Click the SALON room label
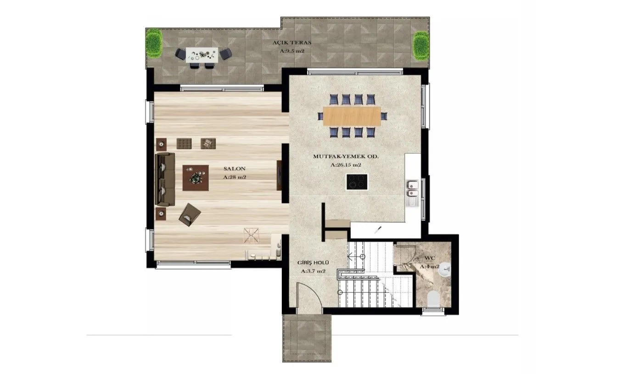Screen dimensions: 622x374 coord(235,168)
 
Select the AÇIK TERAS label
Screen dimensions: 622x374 coord(292,43)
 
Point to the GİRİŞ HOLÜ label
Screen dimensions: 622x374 coord(313,262)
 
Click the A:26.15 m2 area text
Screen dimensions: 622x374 coord(346,165)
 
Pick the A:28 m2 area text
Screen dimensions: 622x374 coord(235,177)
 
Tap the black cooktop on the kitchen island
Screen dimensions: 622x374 coord(357,182)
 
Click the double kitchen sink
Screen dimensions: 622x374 coord(413,188)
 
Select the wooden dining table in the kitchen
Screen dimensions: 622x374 coord(352,117)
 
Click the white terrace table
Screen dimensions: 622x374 coord(202,55)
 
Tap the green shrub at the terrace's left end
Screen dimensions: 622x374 coord(154,44)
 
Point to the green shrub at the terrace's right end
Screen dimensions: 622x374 coord(421,46)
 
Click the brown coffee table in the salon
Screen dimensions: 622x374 coord(196,178)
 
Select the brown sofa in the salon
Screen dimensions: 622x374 coord(165,179)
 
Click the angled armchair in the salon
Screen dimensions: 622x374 coord(190,215)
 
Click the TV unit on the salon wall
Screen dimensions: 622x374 coord(279,175)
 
